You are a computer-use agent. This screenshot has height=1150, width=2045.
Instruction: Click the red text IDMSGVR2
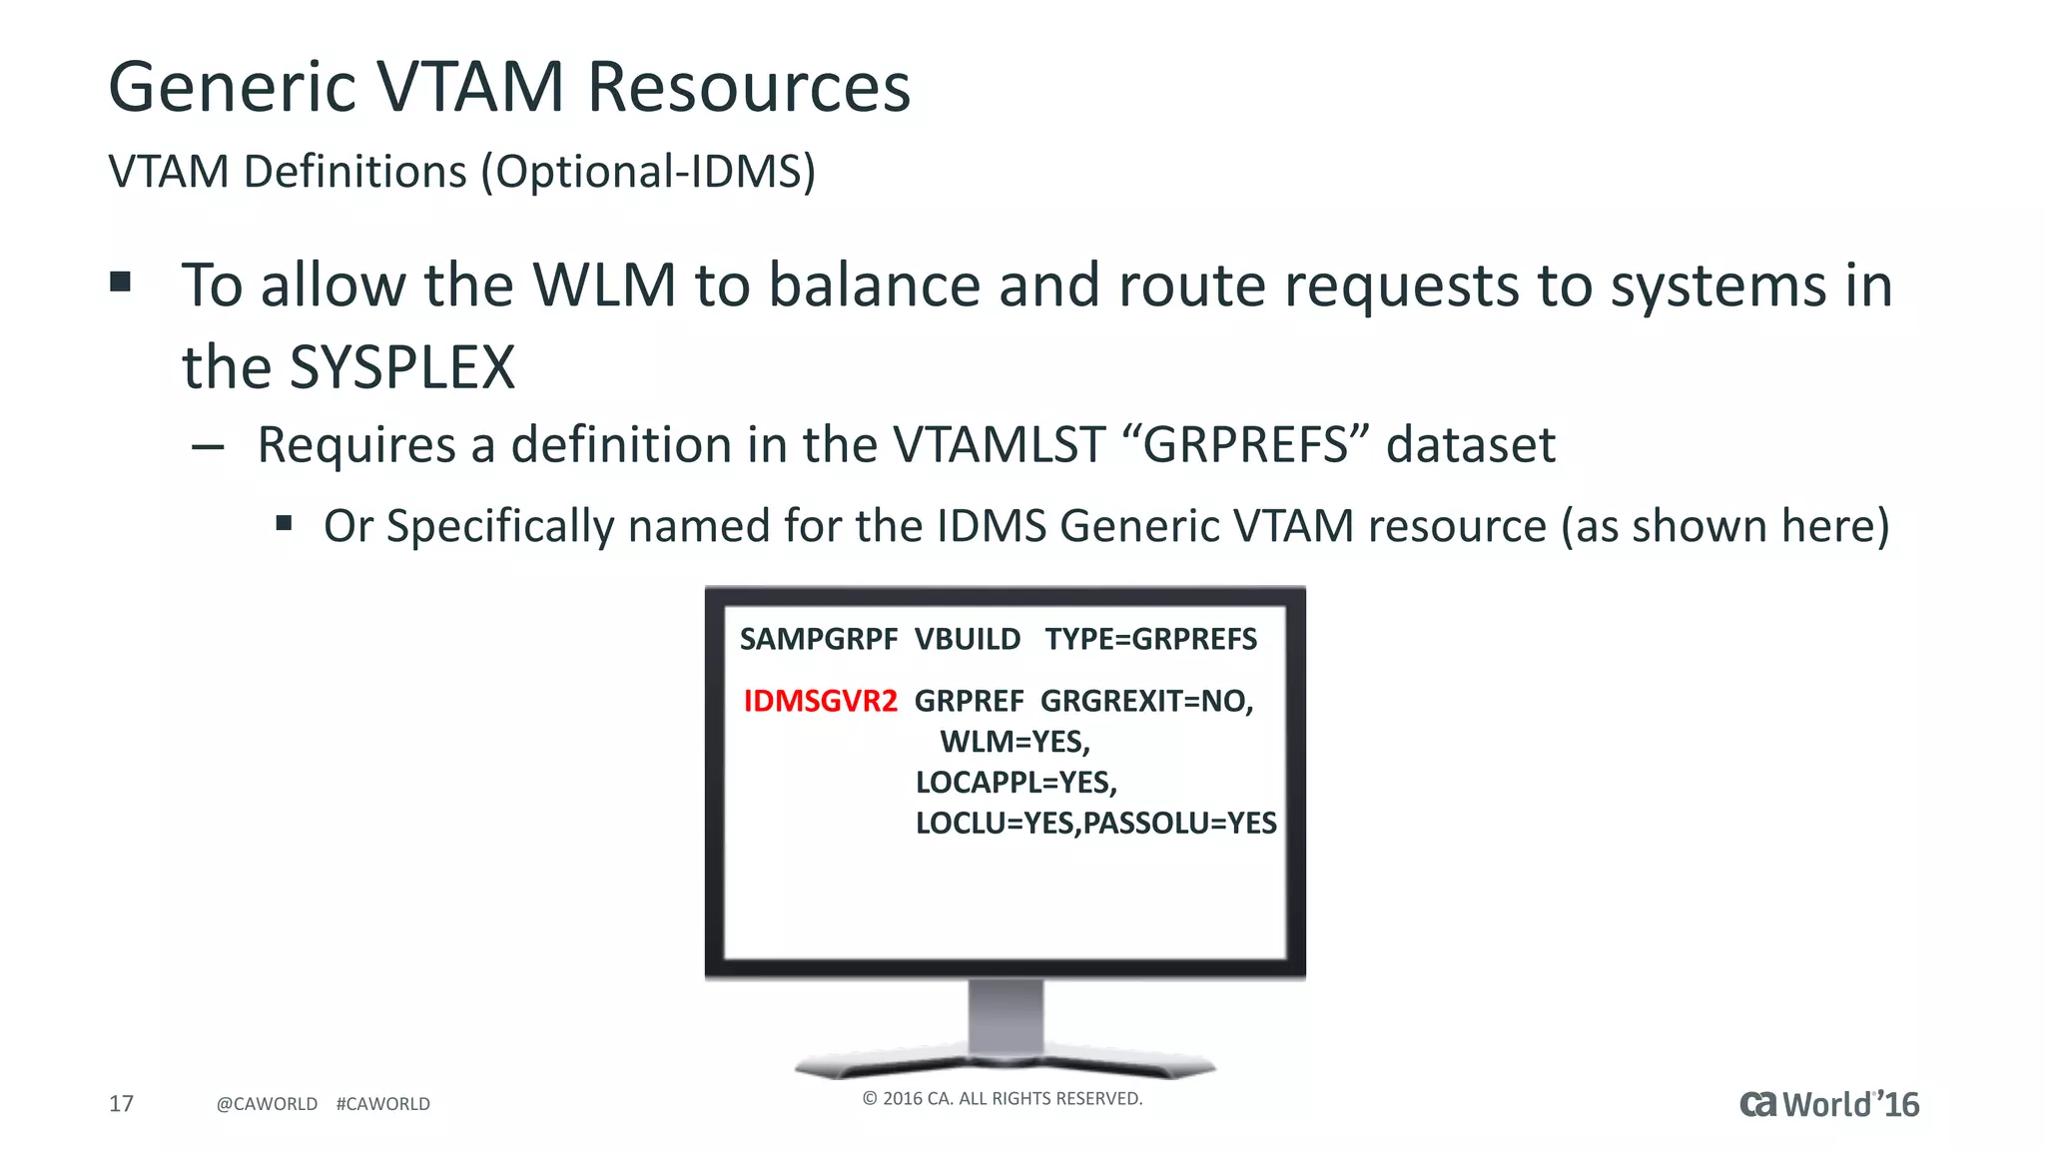(x=820, y=701)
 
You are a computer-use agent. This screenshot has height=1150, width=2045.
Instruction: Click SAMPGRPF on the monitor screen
(x=818, y=639)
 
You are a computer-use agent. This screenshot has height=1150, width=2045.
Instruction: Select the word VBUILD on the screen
(x=967, y=639)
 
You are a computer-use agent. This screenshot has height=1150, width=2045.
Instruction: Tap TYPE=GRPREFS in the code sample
(x=1150, y=639)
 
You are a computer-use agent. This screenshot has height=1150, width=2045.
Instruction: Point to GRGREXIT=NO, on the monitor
(x=1146, y=701)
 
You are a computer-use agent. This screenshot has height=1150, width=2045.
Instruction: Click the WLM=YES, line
(x=1015, y=742)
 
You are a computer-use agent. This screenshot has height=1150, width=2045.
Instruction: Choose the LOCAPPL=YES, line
(x=1016, y=782)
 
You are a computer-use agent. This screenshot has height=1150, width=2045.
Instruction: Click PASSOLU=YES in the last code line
(x=1179, y=823)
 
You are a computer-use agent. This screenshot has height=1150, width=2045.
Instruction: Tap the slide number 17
(x=121, y=1103)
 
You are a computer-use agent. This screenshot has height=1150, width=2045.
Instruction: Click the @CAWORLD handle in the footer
(x=267, y=1104)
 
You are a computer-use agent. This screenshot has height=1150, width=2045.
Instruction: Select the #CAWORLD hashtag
(x=382, y=1104)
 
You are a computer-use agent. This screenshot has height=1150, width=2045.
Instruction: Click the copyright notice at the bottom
(x=1002, y=1098)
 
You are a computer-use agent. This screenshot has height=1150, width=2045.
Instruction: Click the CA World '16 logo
(x=1828, y=1104)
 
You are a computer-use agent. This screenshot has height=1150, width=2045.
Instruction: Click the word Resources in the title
(x=748, y=87)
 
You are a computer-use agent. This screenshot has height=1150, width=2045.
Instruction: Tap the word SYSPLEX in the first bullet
(x=401, y=367)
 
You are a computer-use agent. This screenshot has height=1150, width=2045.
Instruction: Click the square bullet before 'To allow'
(x=121, y=282)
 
